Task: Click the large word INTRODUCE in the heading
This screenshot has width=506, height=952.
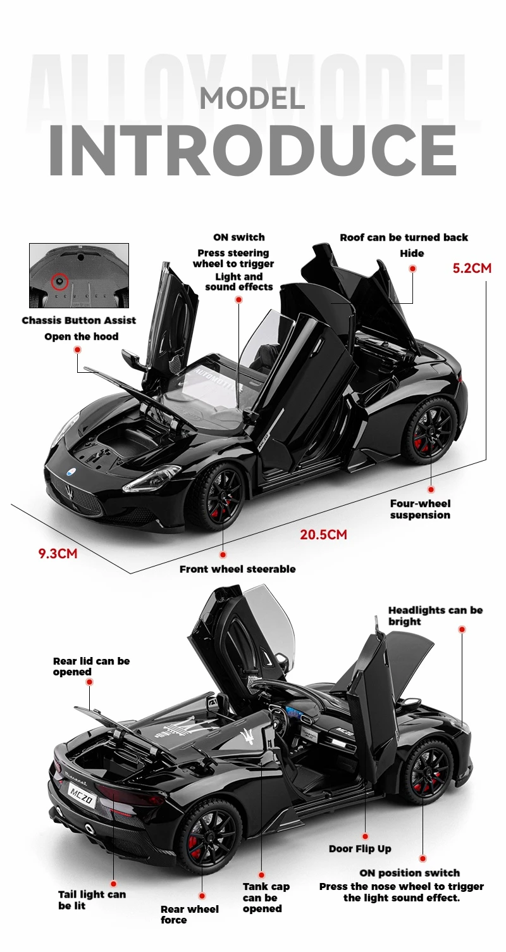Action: pos(253,151)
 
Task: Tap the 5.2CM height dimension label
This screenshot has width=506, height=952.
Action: pos(471,268)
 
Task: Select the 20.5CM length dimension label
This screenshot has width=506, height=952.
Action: pos(323,535)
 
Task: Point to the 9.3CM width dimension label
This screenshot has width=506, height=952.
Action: pos(58,554)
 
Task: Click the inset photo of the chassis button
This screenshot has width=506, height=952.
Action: pos(79,275)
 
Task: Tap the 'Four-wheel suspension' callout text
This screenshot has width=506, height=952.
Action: pos(420,510)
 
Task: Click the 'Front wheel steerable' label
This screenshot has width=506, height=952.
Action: pos(237,569)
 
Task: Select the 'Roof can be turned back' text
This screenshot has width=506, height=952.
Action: pos(404,237)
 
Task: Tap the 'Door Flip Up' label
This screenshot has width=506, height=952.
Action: pos(360,849)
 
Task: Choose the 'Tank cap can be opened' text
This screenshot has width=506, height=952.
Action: pos(266,898)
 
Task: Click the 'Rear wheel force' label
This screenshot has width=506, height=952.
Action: pos(189,914)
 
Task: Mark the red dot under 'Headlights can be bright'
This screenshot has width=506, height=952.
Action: pos(462,629)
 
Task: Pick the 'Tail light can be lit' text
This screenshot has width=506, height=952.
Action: pos(92,900)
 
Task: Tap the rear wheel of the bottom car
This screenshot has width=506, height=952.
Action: pos(205,836)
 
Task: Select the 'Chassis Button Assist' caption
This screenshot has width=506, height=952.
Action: pos(79,320)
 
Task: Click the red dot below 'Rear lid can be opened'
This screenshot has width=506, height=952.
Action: pos(89,682)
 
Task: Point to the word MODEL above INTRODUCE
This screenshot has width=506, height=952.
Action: pos(252,98)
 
